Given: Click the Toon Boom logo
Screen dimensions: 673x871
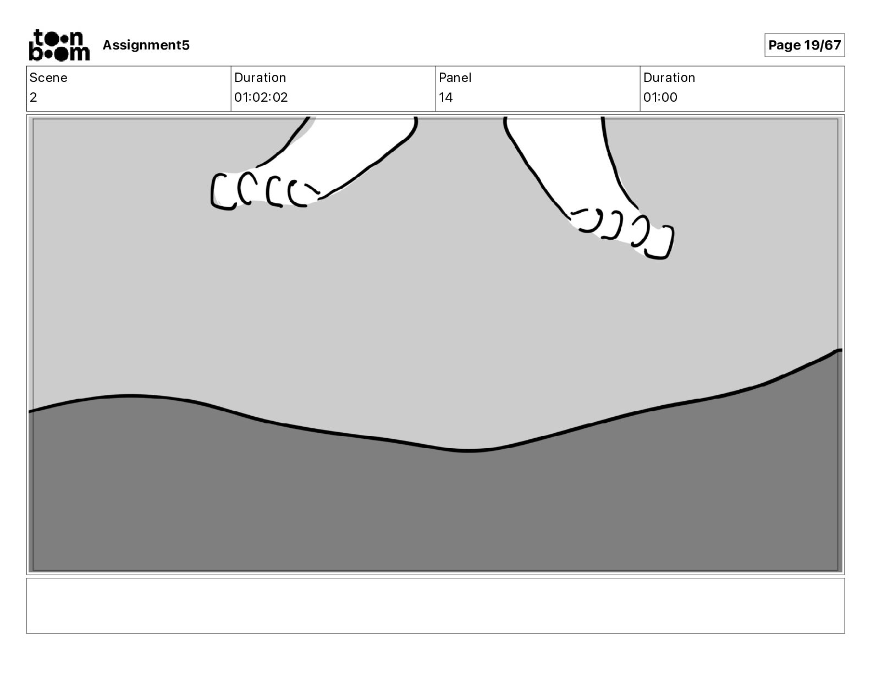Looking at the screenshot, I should click(x=59, y=45).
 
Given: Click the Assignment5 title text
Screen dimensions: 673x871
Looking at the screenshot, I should click(x=146, y=45).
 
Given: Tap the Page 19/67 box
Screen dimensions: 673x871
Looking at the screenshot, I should click(x=804, y=45).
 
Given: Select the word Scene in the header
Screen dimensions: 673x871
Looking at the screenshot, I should click(x=48, y=78).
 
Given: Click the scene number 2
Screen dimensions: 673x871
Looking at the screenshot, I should click(x=34, y=97).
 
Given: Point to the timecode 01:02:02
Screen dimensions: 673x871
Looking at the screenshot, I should click(x=261, y=97).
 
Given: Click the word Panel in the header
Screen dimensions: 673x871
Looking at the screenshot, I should click(x=455, y=78).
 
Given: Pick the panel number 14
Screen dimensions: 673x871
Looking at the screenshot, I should click(x=445, y=97).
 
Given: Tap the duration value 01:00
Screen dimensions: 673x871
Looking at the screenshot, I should click(x=660, y=97).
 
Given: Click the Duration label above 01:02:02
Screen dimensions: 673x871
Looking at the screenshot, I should click(x=260, y=78).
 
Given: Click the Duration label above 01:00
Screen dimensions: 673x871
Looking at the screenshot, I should click(x=669, y=78).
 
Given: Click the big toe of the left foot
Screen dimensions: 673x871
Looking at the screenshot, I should click(x=223, y=191).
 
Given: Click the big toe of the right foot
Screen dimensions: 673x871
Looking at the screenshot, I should click(x=659, y=241).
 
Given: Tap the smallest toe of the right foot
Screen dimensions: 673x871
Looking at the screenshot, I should click(x=585, y=220).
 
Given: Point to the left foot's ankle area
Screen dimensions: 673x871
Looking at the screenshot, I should click(x=357, y=132).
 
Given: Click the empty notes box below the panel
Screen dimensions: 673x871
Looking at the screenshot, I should click(x=434, y=605).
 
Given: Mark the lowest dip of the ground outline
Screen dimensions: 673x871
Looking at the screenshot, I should click(x=468, y=451).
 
